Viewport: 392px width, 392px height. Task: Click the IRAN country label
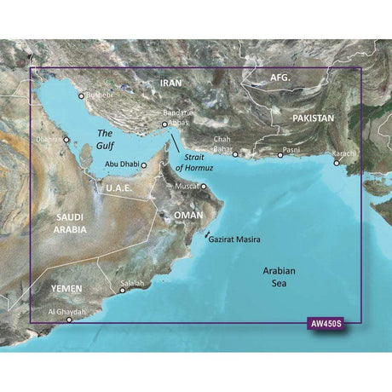tap(171, 83)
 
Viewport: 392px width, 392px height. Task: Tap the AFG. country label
tap(280, 78)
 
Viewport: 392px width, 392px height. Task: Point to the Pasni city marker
tap(281, 156)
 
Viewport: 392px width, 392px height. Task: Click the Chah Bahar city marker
tap(236, 155)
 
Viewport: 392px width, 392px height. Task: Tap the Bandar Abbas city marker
tap(164, 125)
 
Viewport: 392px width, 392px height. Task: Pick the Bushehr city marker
tap(82, 96)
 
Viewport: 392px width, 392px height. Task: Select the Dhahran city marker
tap(66, 138)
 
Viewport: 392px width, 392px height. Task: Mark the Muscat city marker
tap(204, 185)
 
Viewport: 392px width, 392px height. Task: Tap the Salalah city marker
tap(122, 291)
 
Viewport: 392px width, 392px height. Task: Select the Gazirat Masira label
tap(233, 217)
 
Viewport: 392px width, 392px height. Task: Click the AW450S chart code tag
tap(328, 325)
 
